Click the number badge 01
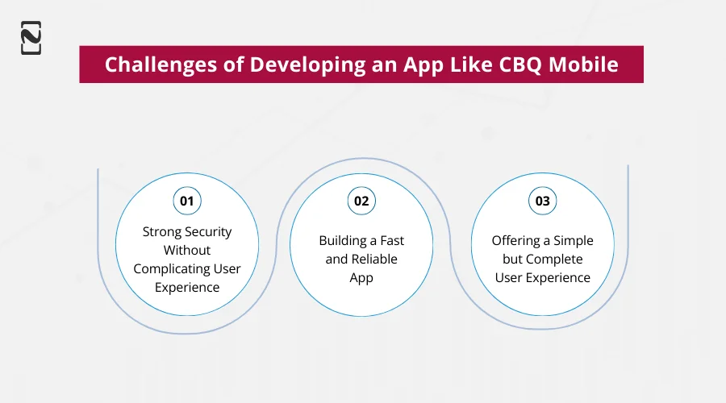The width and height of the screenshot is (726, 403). coord(187,201)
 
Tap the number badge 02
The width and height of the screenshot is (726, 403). coord(361,201)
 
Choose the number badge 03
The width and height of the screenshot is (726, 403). coord(543,201)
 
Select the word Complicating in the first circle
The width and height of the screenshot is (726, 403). coord(170,268)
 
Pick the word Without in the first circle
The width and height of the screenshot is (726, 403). coord(187,250)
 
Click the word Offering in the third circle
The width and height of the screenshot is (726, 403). coord(517,240)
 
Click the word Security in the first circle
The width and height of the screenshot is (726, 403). coord(207,231)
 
